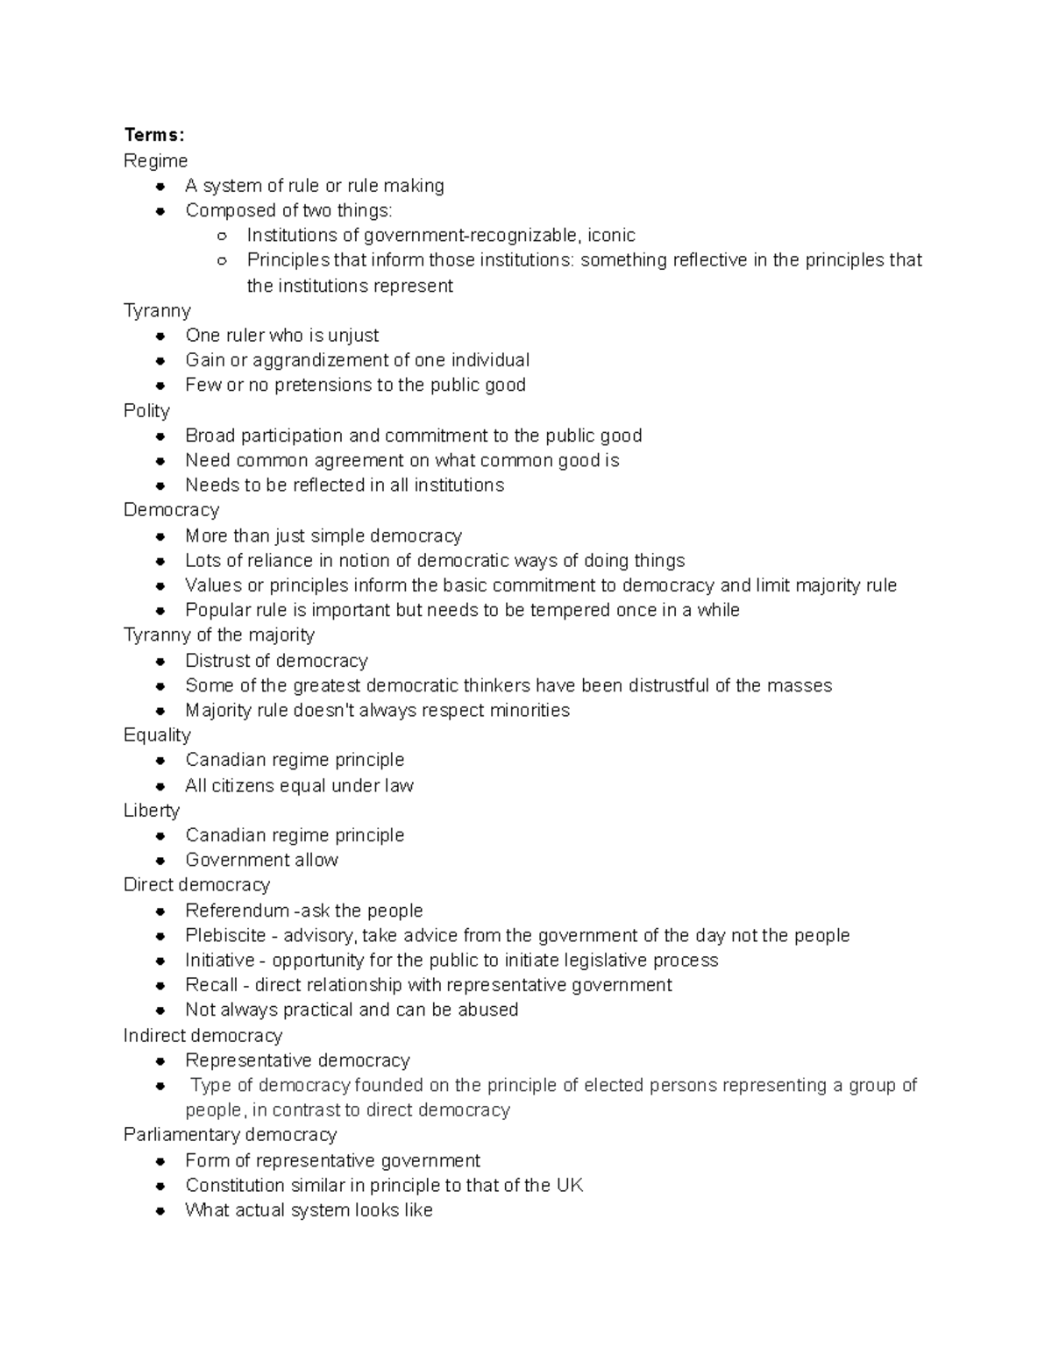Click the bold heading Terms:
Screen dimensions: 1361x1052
point(154,135)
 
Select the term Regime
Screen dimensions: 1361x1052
point(155,161)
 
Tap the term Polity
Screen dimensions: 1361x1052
point(146,411)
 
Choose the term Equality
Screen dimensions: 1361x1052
point(157,735)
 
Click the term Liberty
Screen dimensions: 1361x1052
point(152,811)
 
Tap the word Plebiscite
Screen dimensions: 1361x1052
point(225,935)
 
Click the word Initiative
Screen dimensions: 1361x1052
point(219,960)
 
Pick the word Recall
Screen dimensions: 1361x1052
point(211,985)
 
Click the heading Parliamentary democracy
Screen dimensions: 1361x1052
point(230,1135)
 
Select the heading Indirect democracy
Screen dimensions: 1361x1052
point(203,1036)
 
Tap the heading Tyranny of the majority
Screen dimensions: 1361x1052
point(219,634)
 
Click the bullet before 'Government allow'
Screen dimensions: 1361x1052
point(160,861)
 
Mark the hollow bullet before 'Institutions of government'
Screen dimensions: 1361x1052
point(223,236)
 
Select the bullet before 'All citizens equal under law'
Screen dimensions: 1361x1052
point(160,786)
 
